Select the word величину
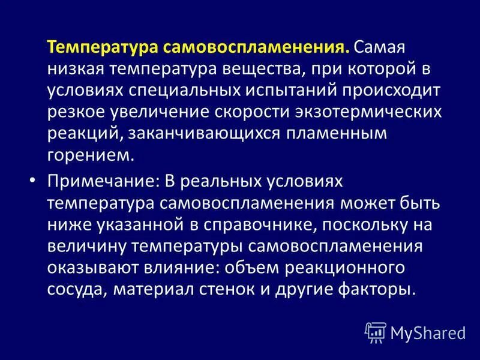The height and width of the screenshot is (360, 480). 86,246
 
